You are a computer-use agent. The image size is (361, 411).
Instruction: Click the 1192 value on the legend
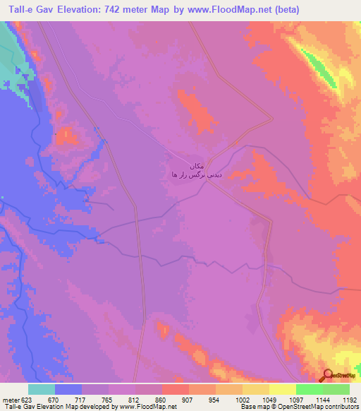coord(341,399)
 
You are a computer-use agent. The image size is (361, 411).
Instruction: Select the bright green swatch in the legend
coord(310,389)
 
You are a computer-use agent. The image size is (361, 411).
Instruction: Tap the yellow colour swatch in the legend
coord(283,389)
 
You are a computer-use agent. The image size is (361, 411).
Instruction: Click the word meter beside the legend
coord(11,399)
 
